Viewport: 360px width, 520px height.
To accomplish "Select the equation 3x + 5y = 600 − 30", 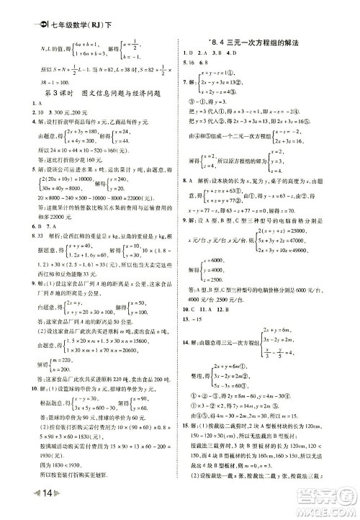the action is point(77,407).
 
